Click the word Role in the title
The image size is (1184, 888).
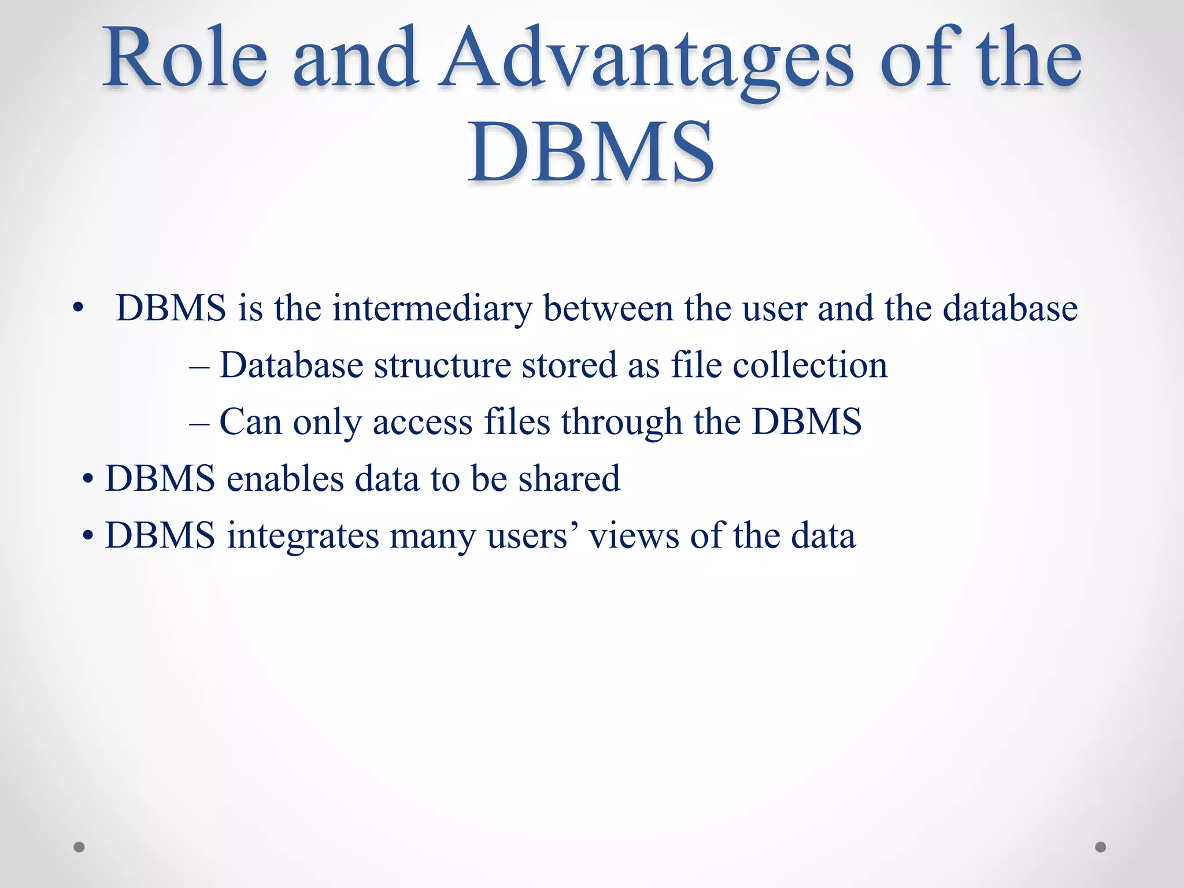(x=185, y=58)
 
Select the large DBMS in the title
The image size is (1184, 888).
(x=591, y=151)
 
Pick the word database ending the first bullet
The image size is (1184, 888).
(x=1010, y=308)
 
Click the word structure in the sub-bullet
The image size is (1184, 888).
(x=443, y=365)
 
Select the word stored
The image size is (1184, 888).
(x=569, y=365)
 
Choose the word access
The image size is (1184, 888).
(x=423, y=423)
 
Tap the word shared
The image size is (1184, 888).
(x=569, y=479)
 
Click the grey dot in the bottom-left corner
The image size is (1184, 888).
(x=79, y=847)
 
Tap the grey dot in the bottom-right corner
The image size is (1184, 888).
(x=1101, y=847)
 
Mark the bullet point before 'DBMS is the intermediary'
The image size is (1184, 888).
(x=78, y=308)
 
